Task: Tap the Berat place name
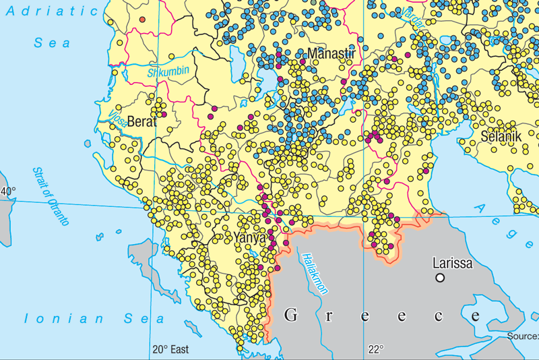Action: coord(142,121)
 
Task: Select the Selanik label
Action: coord(501,136)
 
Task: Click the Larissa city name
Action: coord(452,262)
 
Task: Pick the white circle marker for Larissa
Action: coord(440,277)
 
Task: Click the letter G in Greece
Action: coord(291,315)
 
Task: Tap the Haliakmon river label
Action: coord(315,273)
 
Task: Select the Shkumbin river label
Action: coord(168,71)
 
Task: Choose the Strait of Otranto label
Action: coord(51,196)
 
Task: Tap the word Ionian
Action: coord(53,318)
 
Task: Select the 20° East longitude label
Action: coord(170,349)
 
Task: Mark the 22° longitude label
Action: coord(375,349)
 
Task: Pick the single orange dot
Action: coord(141,20)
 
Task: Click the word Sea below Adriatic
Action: coord(53,42)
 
